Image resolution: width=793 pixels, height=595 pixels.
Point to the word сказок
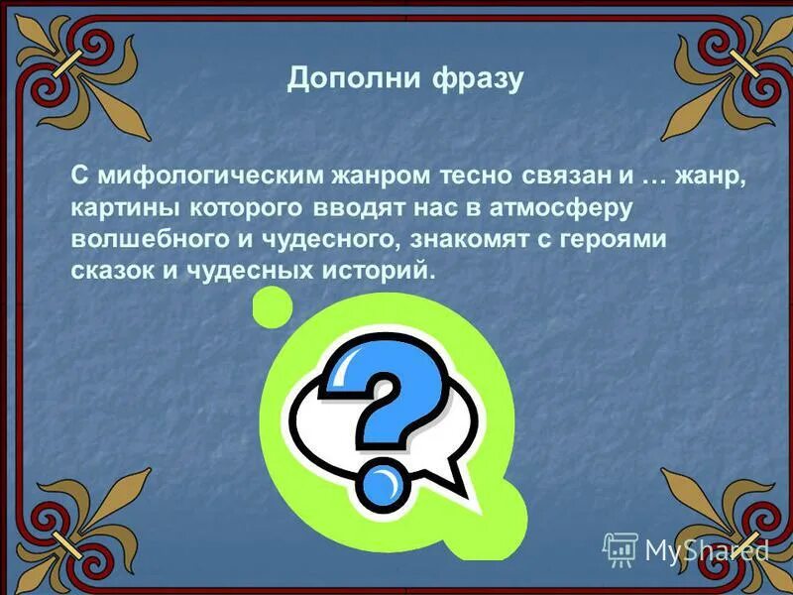coord(105,269)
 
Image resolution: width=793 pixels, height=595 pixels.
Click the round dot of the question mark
coord(382,488)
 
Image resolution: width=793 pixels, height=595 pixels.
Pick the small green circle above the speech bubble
coord(273,307)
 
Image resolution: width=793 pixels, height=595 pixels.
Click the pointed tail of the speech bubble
coord(458,486)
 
